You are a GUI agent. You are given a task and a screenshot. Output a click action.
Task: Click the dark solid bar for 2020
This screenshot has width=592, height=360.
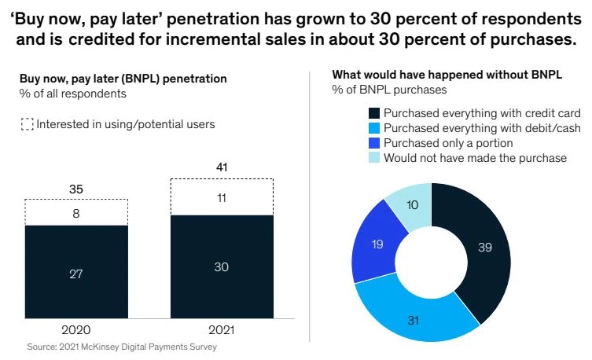pos(76,273)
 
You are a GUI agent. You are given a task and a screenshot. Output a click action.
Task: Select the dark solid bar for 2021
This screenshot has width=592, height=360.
pos(222,267)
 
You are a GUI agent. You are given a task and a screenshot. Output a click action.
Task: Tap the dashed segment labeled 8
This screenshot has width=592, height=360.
pos(76,211)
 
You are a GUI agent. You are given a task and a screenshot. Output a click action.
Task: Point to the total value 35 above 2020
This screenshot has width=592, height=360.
pos(76,189)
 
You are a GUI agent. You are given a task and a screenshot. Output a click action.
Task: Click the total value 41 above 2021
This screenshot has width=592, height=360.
pos(222,167)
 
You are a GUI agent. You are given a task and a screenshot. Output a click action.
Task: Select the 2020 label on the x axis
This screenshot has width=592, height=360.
pos(76,331)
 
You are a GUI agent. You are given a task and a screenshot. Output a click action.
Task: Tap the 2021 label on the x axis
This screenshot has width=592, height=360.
pos(222,331)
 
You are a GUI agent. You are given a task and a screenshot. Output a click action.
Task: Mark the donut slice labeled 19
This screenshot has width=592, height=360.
pos(378,244)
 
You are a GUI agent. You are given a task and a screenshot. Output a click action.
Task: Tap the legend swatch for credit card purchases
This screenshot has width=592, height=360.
pos(373,113)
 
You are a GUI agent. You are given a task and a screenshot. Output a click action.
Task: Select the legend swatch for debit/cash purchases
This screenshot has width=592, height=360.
pos(373,128)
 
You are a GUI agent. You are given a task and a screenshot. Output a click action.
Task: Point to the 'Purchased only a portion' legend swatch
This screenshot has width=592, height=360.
pos(373,143)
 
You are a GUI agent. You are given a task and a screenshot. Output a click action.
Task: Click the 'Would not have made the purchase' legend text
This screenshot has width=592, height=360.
pos(475,158)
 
